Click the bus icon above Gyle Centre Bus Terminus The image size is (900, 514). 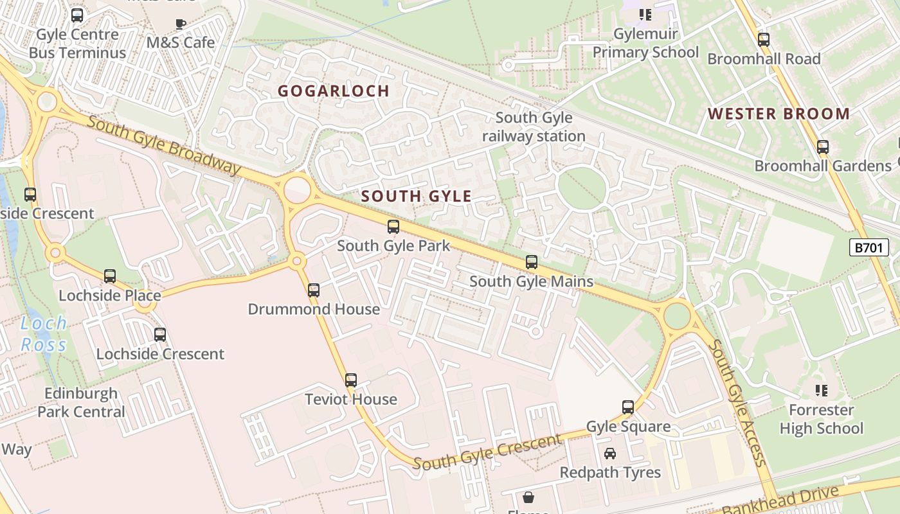pyautogui.click(x=77, y=15)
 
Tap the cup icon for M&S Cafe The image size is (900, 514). pyautogui.click(x=181, y=24)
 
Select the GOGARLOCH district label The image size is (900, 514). pyautogui.click(x=334, y=91)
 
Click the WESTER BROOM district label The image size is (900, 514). pyautogui.click(x=779, y=114)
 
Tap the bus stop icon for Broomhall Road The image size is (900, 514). pyautogui.click(x=764, y=40)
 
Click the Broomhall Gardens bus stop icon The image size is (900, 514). pyautogui.click(x=823, y=147)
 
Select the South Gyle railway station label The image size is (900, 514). pyautogui.click(x=534, y=127)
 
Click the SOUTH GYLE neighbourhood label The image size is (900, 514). pyautogui.click(x=417, y=197)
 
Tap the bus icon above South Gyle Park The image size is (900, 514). pyautogui.click(x=393, y=227)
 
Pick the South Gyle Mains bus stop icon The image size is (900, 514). pyautogui.click(x=532, y=262)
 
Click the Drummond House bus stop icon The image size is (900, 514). pyautogui.click(x=314, y=290)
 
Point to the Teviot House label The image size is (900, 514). pyautogui.click(x=350, y=399)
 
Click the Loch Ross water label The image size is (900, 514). pyautogui.click(x=43, y=333)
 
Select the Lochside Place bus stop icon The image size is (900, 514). pyautogui.click(x=110, y=276)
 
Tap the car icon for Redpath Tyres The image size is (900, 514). pyautogui.click(x=610, y=454)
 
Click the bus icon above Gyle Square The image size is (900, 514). pyautogui.click(x=628, y=407)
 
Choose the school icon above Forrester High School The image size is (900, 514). pyautogui.click(x=821, y=391)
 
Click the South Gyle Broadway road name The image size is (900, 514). pyautogui.click(x=163, y=145)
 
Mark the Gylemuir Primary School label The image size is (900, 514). pyautogui.click(x=645, y=43)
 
